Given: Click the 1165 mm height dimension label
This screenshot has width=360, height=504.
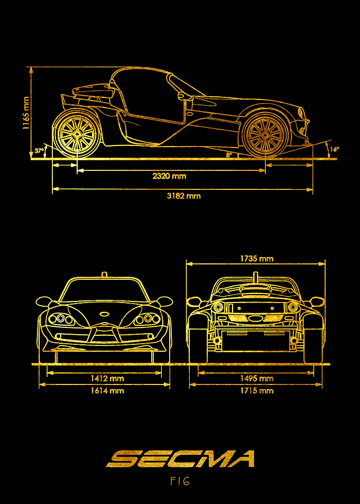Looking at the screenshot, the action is [x=26, y=113].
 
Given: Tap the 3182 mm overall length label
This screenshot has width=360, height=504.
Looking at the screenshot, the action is [x=183, y=196].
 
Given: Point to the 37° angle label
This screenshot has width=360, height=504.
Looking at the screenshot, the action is [x=39, y=150].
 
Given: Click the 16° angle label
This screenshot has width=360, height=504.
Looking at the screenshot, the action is [x=334, y=149].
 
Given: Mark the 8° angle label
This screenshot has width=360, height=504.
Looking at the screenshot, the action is [x=229, y=154].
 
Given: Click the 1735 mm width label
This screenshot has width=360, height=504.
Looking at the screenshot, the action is [x=256, y=258].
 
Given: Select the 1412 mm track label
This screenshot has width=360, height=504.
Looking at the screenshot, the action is [x=107, y=378].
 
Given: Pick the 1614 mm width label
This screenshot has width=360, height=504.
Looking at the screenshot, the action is [x=107, y=390].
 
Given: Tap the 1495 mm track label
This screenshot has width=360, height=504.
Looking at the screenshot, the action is [x=256, y=378].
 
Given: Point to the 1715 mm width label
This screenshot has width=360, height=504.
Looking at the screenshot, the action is [x=256, y=390].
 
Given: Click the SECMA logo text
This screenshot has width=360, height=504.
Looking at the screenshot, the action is [x=180, y=459].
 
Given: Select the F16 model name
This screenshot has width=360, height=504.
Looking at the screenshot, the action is [x=180, y=481].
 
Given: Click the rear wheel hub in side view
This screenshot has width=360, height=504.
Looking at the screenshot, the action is [x=77, y=133].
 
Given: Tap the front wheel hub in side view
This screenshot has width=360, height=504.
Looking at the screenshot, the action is [x=265, y=134].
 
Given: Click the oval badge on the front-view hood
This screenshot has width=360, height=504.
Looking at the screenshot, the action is [x=105, y=313].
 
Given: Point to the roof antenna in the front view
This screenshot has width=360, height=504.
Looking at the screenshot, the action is [x=104, y=274].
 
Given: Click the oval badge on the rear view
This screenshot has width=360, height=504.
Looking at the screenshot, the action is [x=255, y=319].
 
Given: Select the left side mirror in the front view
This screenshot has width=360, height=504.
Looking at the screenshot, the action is [x=42, y=301].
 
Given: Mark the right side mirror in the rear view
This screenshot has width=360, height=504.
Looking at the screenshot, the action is [x=318, y=301].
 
